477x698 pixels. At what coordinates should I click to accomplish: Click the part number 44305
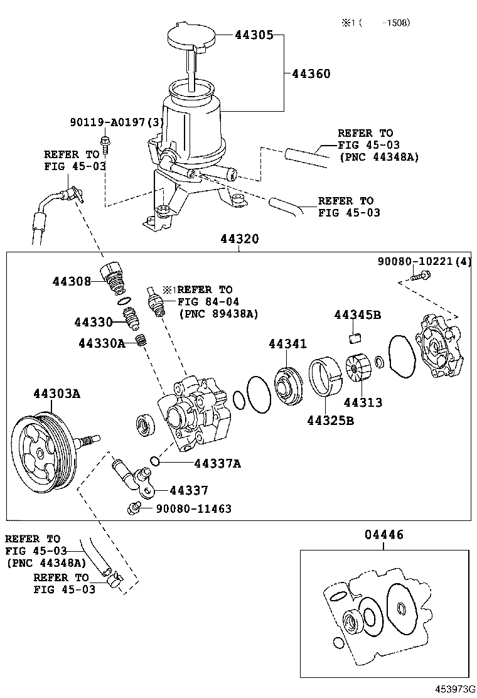click(254, 35)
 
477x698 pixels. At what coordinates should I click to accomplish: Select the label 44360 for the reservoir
click(311, 73)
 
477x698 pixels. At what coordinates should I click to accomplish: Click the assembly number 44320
click(239, 239)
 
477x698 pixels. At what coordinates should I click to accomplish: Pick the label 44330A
click(102, 343)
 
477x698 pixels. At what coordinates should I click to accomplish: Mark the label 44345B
click(357, 314)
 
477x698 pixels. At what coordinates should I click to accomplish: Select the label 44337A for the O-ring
click(218, 464)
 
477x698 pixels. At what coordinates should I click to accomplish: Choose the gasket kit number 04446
click(384, 535)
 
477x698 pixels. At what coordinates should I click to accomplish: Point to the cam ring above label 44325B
click(326, 376)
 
